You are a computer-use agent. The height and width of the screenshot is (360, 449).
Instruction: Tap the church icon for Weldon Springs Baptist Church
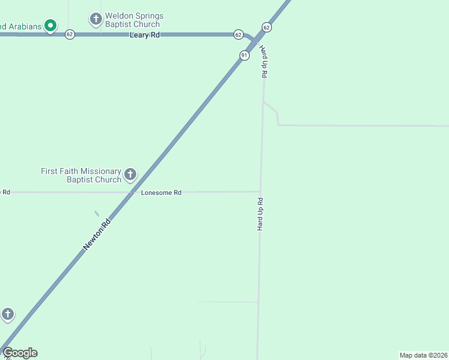pos(95,19)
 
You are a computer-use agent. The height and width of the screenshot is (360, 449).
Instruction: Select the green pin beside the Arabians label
pos(51,25)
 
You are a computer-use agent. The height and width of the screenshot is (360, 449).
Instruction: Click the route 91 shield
pos(244,55)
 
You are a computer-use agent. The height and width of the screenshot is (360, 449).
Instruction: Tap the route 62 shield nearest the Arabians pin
pos(70,34)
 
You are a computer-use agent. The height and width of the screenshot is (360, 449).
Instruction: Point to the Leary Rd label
pos(145,35)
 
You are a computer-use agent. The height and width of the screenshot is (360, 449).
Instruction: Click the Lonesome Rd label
pos(161,193)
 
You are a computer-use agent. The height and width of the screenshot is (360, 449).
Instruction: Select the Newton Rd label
pos(97,234)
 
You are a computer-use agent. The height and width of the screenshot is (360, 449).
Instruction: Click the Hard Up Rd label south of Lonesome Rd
pos(261,214)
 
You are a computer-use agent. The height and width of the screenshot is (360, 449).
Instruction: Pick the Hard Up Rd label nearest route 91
pos(264,61)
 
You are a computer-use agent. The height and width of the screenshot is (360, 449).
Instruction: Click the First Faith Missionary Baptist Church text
pos(81,175)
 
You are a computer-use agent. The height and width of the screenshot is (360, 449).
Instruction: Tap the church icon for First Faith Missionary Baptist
pos(130,175)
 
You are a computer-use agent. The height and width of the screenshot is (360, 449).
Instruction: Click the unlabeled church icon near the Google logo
pos(7,314)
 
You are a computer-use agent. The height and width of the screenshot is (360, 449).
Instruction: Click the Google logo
pos(20,353)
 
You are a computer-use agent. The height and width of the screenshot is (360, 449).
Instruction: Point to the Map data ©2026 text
pos(423,355)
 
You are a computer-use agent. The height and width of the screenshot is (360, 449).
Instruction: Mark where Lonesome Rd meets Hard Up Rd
pos(260,192)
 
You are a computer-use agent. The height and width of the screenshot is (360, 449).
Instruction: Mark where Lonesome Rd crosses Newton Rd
pos(133,193)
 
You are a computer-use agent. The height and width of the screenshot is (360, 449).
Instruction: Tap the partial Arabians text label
pos(20,26)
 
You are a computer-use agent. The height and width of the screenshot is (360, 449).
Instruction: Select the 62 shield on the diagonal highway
pos(267,28)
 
